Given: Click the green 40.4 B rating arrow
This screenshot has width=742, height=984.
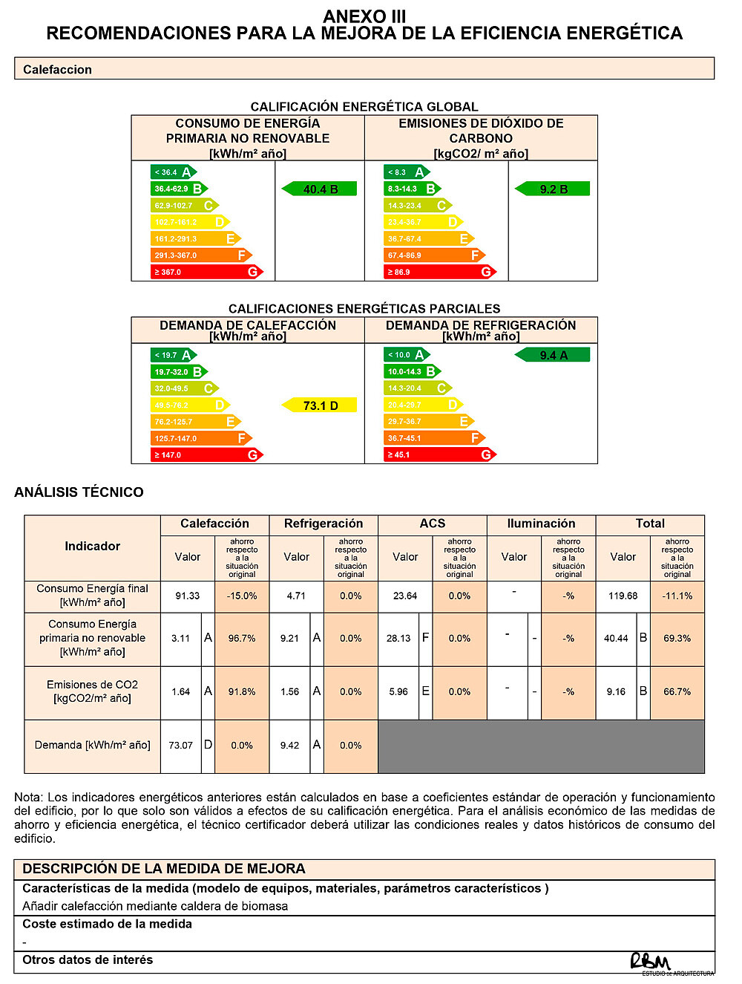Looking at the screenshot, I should (x=320, y=189).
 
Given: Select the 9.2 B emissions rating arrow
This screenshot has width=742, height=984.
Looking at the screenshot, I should (x=553, y=189).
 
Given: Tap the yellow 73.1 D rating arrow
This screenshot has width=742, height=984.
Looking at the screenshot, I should (x=320, y=405).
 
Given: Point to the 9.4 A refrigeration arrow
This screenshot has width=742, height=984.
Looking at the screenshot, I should (x=553, y=355).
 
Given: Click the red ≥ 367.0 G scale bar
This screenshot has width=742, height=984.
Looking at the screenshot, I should (x=207, y=272).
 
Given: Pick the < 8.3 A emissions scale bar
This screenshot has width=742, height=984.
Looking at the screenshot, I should (x=407, y=172).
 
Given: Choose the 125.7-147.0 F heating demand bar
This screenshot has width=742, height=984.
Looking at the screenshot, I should (x=201, y=438).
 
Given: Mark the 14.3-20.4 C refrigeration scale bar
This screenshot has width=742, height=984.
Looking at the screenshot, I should (x=418, y=388).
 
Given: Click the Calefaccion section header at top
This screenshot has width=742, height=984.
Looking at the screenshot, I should (x=364, y=69).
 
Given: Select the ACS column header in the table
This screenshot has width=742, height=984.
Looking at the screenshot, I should (x=433, y=524).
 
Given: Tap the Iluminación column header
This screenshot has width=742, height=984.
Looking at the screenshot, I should (x=541, y=524).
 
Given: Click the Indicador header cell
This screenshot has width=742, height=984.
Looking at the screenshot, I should (x=93, y=547).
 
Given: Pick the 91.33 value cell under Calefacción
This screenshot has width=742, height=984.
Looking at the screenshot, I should (x=188, y=596).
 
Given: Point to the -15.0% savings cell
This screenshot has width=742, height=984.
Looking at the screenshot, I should (x=242, y=596).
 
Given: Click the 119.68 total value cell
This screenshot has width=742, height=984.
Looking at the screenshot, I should (x=623, y=596).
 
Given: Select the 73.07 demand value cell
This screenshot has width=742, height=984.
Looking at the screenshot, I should (x=181, y=745).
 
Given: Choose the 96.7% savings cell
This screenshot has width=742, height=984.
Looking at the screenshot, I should (x=242, y=638).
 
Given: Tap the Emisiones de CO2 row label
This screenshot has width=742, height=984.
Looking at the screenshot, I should (x=93, y=691).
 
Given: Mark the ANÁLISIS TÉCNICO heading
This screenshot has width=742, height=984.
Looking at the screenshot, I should (x=79, y=492).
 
